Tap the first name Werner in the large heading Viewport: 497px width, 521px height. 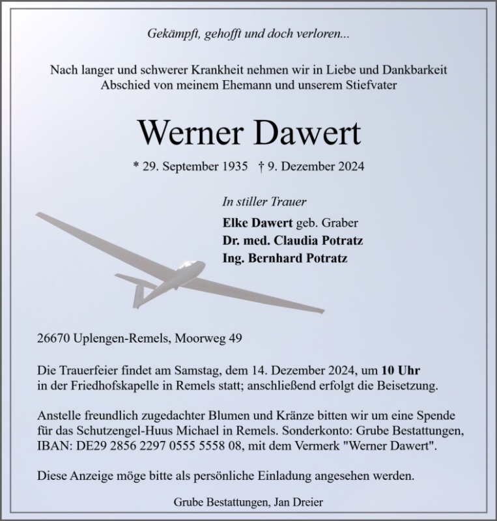pos(190,133)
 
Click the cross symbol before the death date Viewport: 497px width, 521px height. pos(261,166)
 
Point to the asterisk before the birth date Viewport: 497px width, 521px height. pos(135,166)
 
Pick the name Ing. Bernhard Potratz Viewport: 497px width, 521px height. pos(285,258)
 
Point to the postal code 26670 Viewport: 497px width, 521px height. pos(55,339)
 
